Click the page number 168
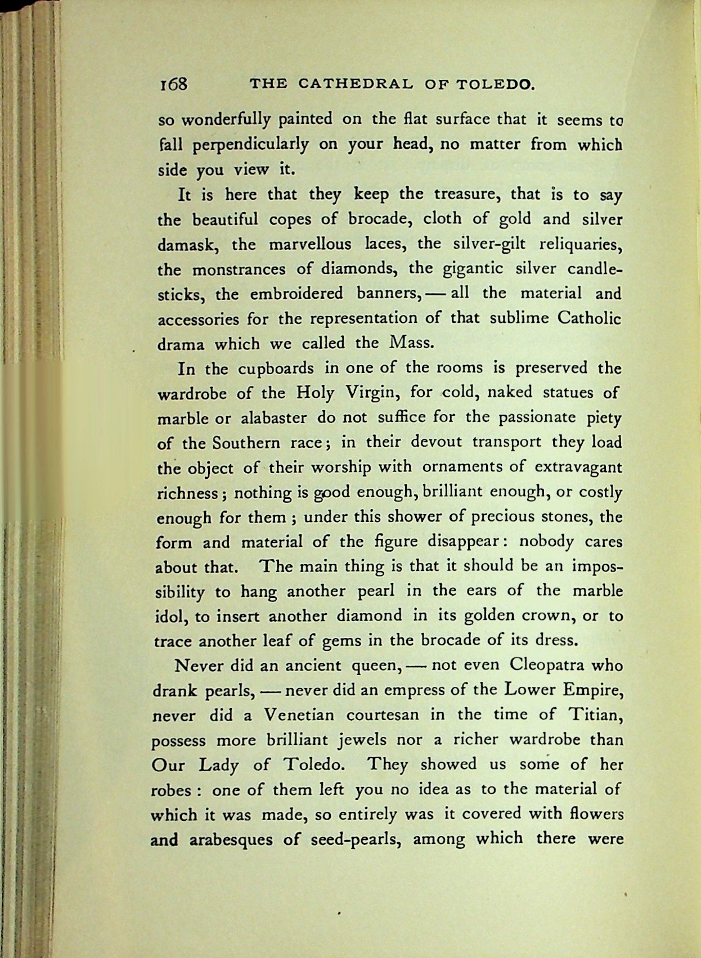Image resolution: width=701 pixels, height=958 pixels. pyautogui.click(x=173, y=84)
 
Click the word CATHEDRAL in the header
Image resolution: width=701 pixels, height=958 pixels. pyautogui.click(x=355, y=84)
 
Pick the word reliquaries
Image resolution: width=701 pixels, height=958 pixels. pyautogui.click(x=580, y=244)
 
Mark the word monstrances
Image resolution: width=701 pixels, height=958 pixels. pyautogui.click(x=239, y=269)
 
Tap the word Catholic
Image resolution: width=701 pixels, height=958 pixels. pyautogui.click(x=589, y=318)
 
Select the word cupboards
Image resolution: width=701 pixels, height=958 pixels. pyautogui.click(x=276, y=368)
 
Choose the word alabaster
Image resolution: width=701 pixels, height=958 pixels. pyautogui.click(x=273, y=418)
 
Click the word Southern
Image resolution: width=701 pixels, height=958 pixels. pyautogui.click(x=246, y=443)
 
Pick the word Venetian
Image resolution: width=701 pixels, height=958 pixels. pyautogui.click(x=299, y=715)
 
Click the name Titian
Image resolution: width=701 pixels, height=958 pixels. pyautogui.click(x=595, y=714)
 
